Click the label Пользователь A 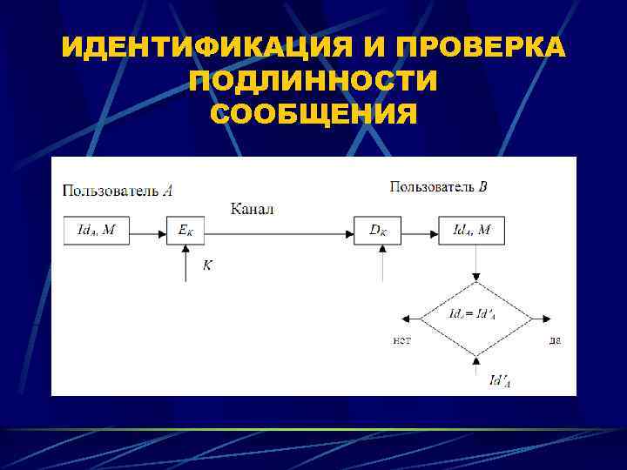pyautogui.click(x=118, y=189)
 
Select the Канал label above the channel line pyautogui.click(x=253, y=209)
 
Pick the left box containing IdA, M pyautogui.click(x=97, y=231)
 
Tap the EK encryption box pyautogui.click(x=185, y=231)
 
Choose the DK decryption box pyautogui.click(x=378, y=231)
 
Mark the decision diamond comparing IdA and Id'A pyautogui.click(x=475, y=319)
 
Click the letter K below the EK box pyautogui.click(x=206, y=265)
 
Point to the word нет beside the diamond pyautogui.click(x=401, y=339)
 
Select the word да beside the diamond pyautogui.click(x=555, y=339)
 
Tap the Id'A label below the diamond pyautogui.click(x=500, y=379)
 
